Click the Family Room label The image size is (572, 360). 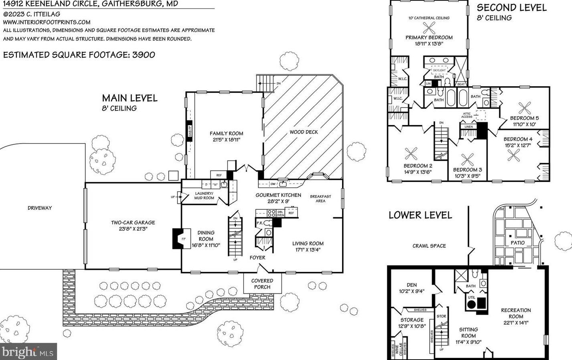click(x=226, y=133)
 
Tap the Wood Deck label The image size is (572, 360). click(x=304, y=132)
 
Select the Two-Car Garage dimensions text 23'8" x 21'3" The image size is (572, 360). click(x=133, y=229)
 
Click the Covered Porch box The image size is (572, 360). click(x=262, y=284)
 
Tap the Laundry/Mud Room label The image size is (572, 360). click(x=204, y=196)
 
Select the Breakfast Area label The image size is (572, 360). click(x=320, y=198)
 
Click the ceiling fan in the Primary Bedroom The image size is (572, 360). click(x=429, y=28)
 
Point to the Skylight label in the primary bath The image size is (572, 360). click(x=439, y=70)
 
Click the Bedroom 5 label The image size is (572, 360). click(x=524, y=118)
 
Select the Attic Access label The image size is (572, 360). click(x=467, y=115)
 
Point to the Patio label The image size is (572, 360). click(x=518, y=243)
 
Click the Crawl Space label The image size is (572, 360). click(x=429, y=246)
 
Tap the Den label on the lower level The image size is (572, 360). click(x=411, y=285)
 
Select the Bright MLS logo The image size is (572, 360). click(x=28, y=352)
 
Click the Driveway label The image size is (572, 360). click(x=40, y=208)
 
